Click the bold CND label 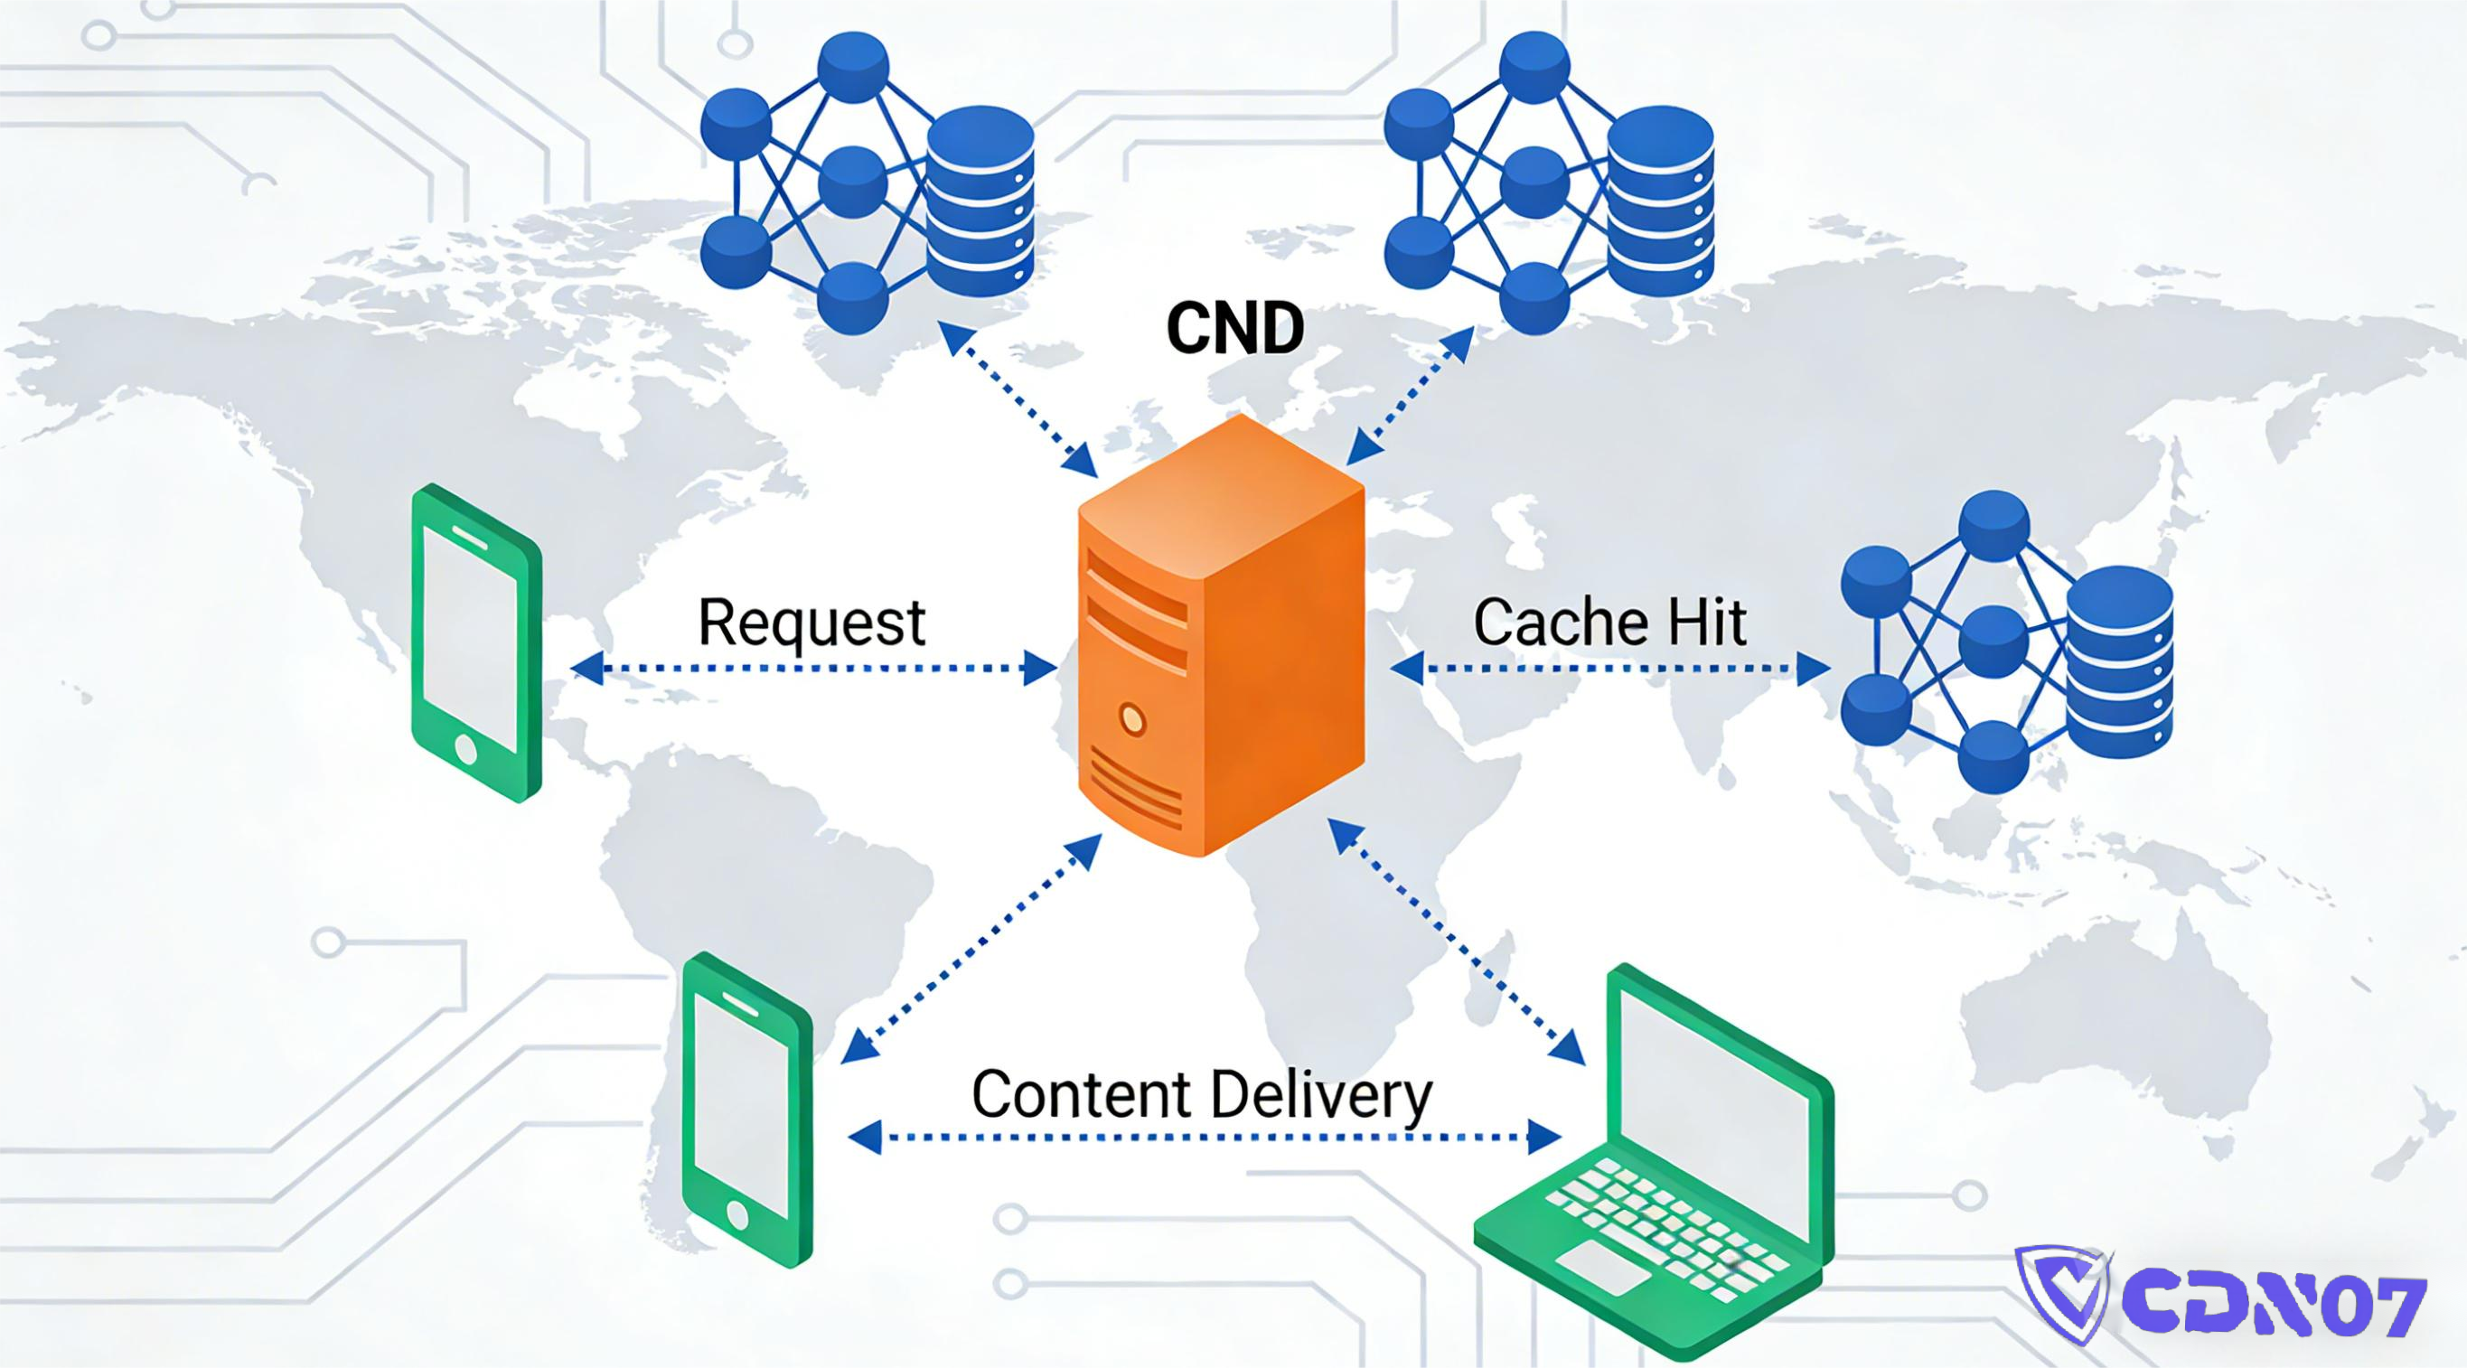pos(1234,327)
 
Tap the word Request pos(811,623)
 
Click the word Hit pos(1708,623)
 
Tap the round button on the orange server pos(1132,718)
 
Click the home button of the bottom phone pos(737,1216)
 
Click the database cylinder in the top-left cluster pos(980,201)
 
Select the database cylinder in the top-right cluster pos(1661,201)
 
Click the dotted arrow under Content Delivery pos(1204,1138)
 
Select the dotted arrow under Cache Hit pos(1609,669)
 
